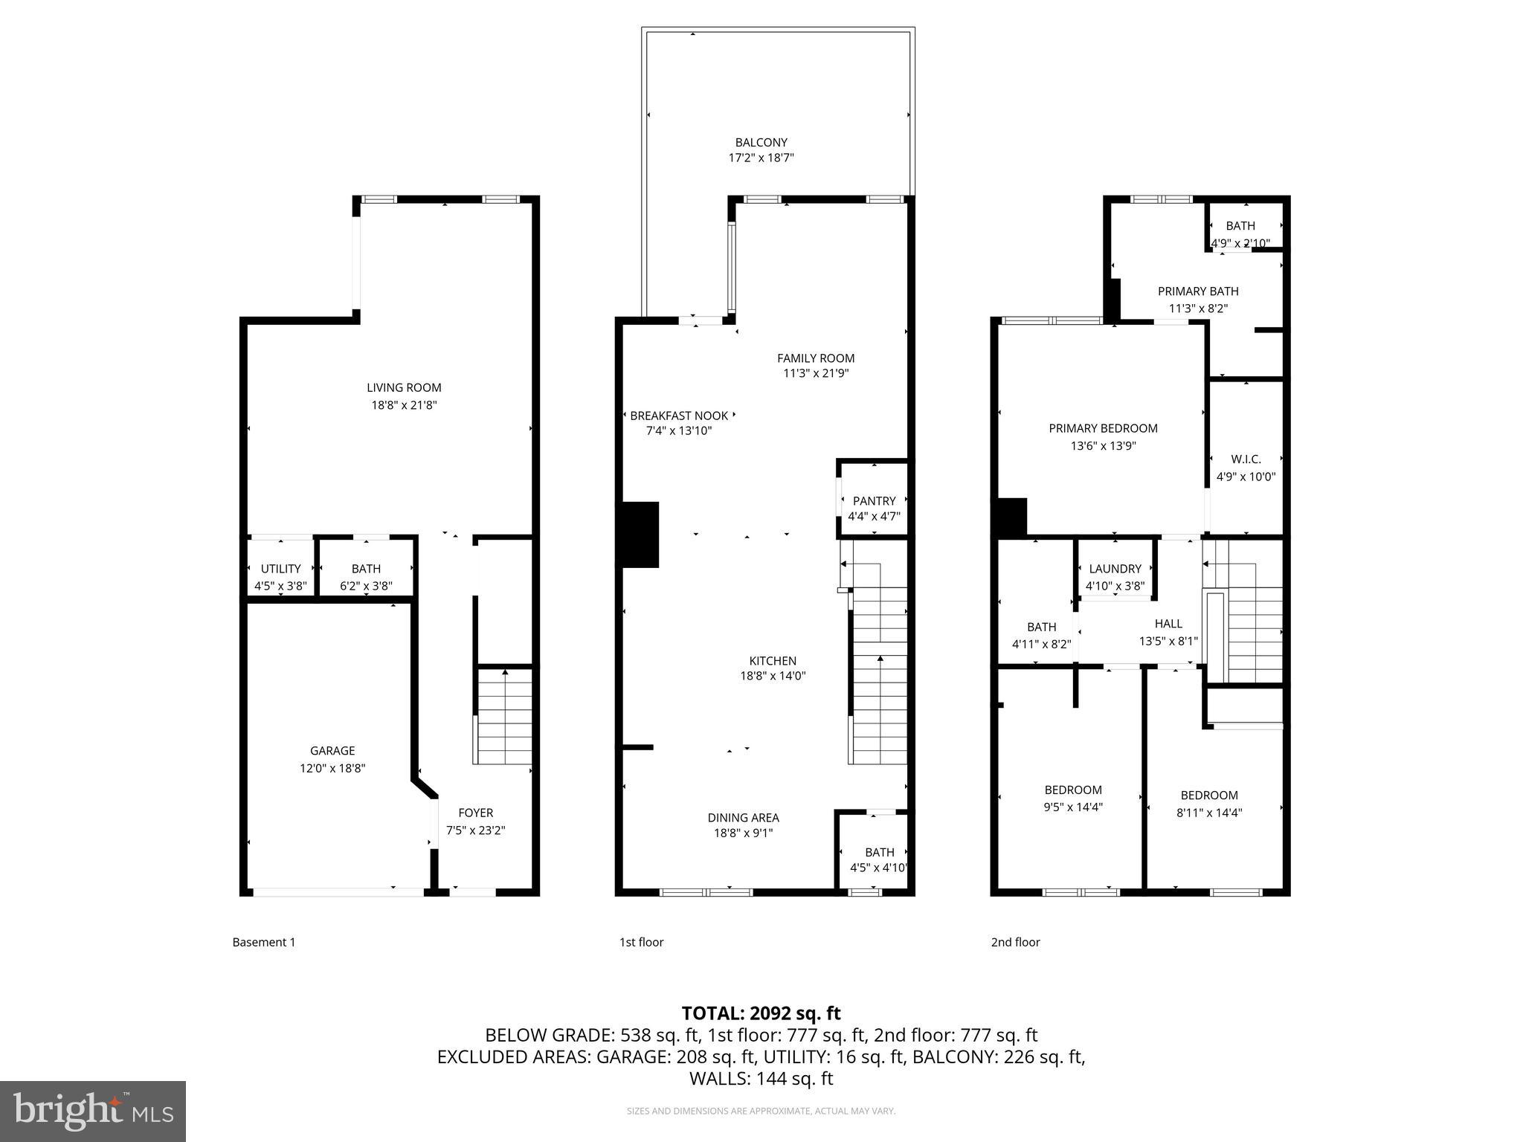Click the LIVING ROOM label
point(404,387)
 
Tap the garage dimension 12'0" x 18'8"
point(332,769)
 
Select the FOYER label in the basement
point(475,813)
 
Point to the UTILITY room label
point(280,569)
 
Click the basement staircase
point(504,716)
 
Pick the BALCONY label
point(761,142)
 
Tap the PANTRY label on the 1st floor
point(874,501)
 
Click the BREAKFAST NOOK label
point(678,416)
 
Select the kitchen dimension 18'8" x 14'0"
point(773,677)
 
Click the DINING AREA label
point(743,818)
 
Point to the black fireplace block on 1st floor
point(640,535)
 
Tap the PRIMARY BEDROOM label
point(1103,428)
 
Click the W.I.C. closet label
point(1246,459)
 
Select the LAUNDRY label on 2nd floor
point(1115,569)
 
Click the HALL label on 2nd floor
point(1168,624)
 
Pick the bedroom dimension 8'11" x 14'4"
point(1208,813)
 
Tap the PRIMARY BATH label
point(1198,291)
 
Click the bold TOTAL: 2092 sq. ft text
point(761,1013)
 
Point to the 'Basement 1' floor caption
point(264,942)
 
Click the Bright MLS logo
point(93,1111)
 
